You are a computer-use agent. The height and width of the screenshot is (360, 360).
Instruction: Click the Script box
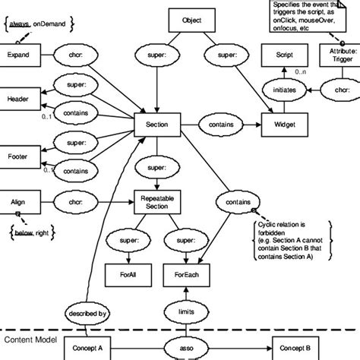[x=280, y=56]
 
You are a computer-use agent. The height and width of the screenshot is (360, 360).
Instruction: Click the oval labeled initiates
[x=280, y=90]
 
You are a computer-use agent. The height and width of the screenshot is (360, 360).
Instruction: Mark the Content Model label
[x=30, y=339]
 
